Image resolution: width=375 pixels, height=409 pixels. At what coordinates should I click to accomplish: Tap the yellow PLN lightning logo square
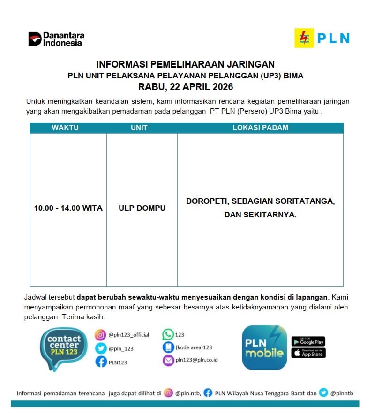pos(304,38)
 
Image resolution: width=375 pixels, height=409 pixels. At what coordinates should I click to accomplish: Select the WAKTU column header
pos(65,128)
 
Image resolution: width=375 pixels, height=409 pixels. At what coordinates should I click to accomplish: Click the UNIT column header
pos(139,128)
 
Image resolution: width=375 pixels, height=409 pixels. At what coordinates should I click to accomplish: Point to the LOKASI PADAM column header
pos(260,128)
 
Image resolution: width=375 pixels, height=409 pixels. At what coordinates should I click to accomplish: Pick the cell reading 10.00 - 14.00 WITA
pos(68,208)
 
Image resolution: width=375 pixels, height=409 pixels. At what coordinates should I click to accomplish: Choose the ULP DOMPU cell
pos(142,208)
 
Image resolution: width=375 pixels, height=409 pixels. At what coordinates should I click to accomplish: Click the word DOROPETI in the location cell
pos(207,201)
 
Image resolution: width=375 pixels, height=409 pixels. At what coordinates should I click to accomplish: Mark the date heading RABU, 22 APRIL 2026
pos(186,87)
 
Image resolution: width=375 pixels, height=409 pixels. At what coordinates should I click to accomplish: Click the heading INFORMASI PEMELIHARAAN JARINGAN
pos(186,64)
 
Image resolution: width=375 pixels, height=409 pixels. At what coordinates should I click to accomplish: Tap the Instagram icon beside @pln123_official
pos(100,335)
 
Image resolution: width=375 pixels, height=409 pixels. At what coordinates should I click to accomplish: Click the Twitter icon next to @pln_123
pos(100,348)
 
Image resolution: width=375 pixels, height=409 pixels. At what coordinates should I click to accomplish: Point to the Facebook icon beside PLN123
pos(100,362)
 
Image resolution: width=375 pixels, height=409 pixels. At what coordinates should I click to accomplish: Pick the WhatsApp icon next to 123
pos(168,334)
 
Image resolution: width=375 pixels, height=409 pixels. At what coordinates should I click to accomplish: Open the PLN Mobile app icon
pos(264,347)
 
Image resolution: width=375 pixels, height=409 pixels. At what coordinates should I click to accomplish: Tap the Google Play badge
pos(308,341)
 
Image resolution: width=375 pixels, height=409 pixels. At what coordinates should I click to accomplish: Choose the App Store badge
pos(308,353)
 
